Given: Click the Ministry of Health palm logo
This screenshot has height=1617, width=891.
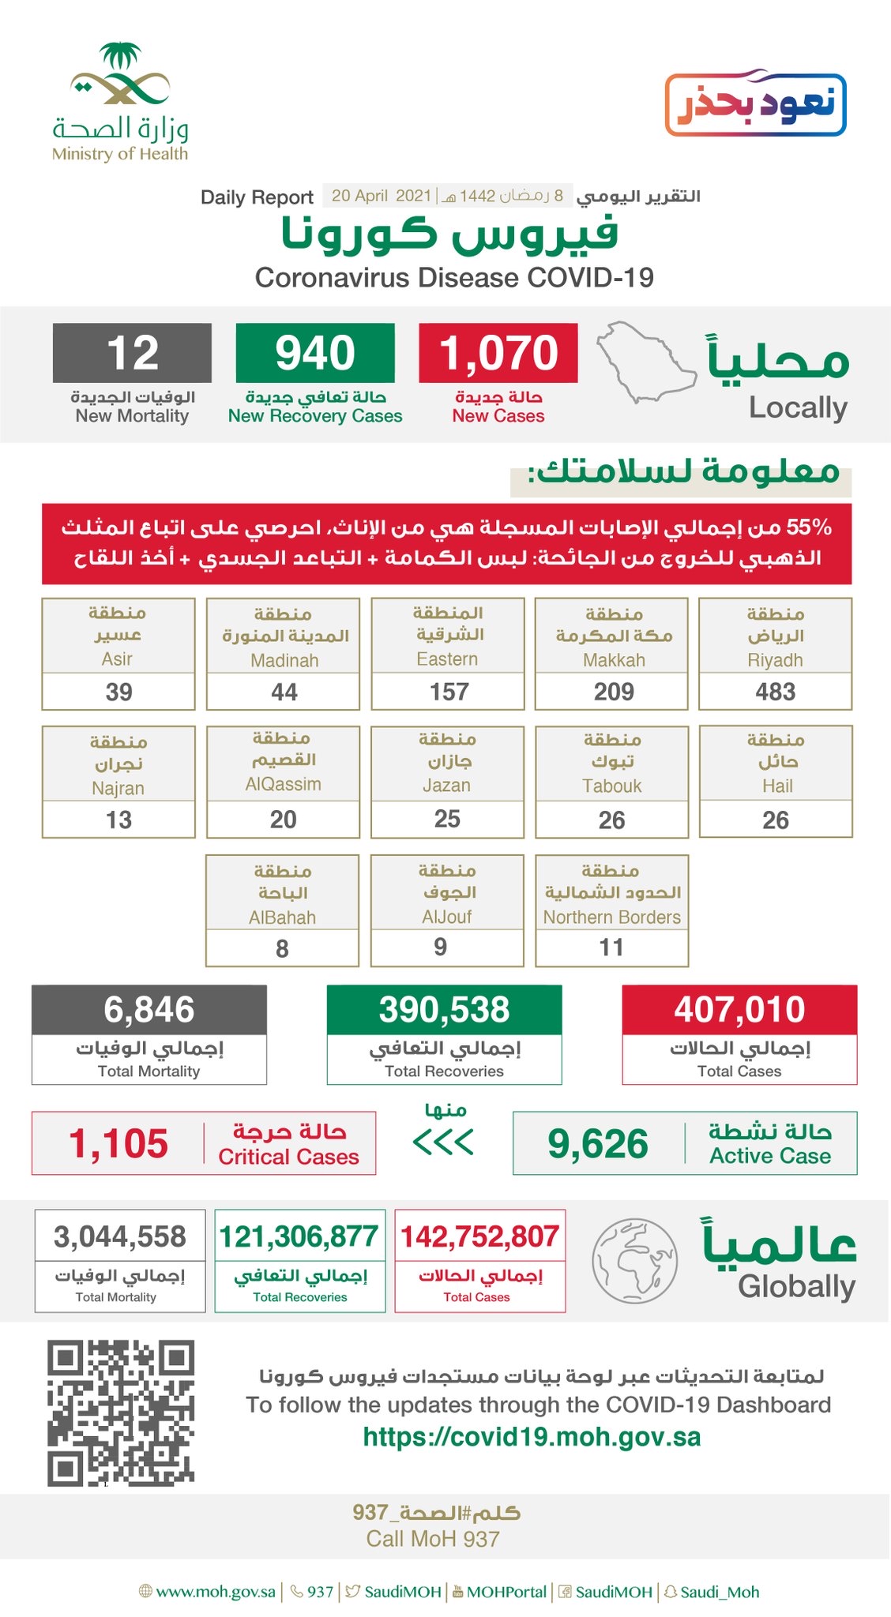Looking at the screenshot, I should (x=120, y=75).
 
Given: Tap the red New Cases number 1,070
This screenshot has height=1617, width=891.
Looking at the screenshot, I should (x=498, y=353).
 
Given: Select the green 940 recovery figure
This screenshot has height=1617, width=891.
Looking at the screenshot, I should (x=315, y=353).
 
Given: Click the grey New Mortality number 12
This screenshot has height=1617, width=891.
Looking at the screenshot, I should (x=132, y=353).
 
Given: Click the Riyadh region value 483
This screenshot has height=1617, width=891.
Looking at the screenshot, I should (x=775, y=692).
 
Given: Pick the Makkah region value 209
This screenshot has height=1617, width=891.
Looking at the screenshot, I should (x=613, y=692).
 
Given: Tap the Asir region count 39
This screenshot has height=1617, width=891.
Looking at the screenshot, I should (x=118, y=692).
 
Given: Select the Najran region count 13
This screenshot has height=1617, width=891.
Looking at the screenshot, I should (x=118, y=820).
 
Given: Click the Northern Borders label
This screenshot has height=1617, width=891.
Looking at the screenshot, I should (x=611, y=917).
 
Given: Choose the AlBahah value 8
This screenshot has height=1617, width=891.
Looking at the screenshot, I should (x=282, y=948).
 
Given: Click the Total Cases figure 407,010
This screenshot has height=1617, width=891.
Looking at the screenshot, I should (x=739, y=1010).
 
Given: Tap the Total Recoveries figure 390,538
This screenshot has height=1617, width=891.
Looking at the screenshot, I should (x=444, y=1010).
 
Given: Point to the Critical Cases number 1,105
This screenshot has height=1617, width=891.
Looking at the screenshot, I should (x=118, y=1143).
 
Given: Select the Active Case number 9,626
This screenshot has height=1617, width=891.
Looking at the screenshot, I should (x=598, y=1144).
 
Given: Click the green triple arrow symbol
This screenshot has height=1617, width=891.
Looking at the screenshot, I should (x=443, y=1142).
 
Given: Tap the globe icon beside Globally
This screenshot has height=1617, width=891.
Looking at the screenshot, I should (x=634, y=1261).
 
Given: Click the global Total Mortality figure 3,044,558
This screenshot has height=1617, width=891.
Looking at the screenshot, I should (x=120, y=1236).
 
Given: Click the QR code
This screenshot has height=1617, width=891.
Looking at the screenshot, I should (x=120, y=1413).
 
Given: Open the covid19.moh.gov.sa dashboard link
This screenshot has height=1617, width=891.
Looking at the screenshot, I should (x=532, y=1437).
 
